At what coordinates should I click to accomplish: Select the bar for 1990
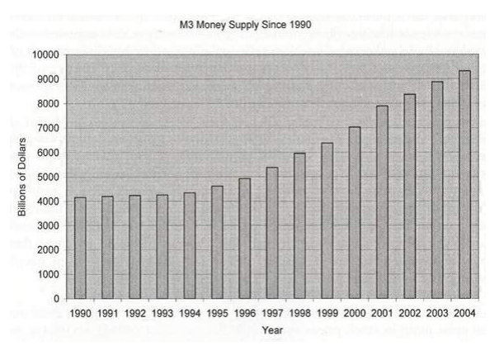coord(79,248)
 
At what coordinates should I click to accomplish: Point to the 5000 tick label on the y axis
coord(47,177)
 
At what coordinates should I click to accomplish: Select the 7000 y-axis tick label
coord(47,128)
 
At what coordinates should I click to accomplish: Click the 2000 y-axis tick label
coord(47,249)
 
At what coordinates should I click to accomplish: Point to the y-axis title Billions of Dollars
coord(22,177)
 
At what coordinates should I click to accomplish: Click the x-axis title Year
coord(272,329)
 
